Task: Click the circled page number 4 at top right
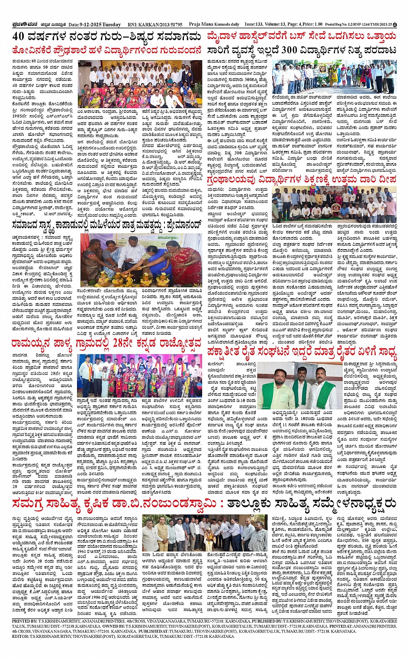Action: pyautogui.click(x=395, y=25)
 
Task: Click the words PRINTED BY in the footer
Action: pyautogui.click(x=25, y=621)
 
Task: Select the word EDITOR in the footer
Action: pyautogui.click(x=20, y=636)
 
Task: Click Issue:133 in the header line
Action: pyautogui.click(x=254, y=25)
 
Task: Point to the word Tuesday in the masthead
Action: pyautogui.click(x=112, y=25)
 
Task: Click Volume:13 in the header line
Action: pyautogui.click(x=277, y=25)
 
